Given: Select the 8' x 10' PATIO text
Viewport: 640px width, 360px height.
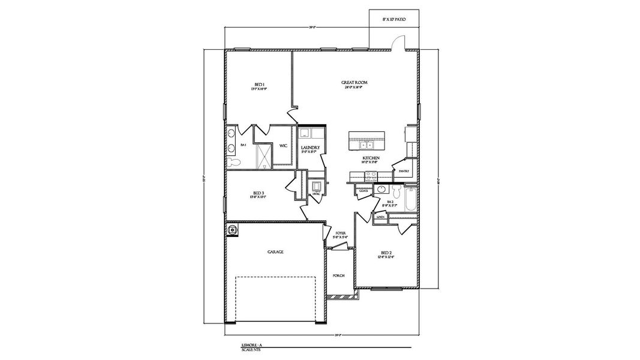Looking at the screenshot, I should [394, 20].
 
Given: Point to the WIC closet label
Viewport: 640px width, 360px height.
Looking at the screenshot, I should [283, 145].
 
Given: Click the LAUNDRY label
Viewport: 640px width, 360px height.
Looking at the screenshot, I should [310, 148].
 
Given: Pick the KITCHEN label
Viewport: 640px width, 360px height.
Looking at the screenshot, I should [370, 158].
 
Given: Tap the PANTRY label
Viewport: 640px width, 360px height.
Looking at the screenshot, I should [404, 171].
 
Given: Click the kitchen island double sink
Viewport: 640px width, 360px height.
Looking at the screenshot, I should [365, 145].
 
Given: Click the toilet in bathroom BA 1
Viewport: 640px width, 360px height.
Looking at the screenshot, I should [236, 162].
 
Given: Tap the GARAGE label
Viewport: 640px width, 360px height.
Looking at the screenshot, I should [275, 252].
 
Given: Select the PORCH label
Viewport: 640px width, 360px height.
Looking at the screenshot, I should [338, 275].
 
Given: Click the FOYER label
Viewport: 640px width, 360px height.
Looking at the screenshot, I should [341, 233].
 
